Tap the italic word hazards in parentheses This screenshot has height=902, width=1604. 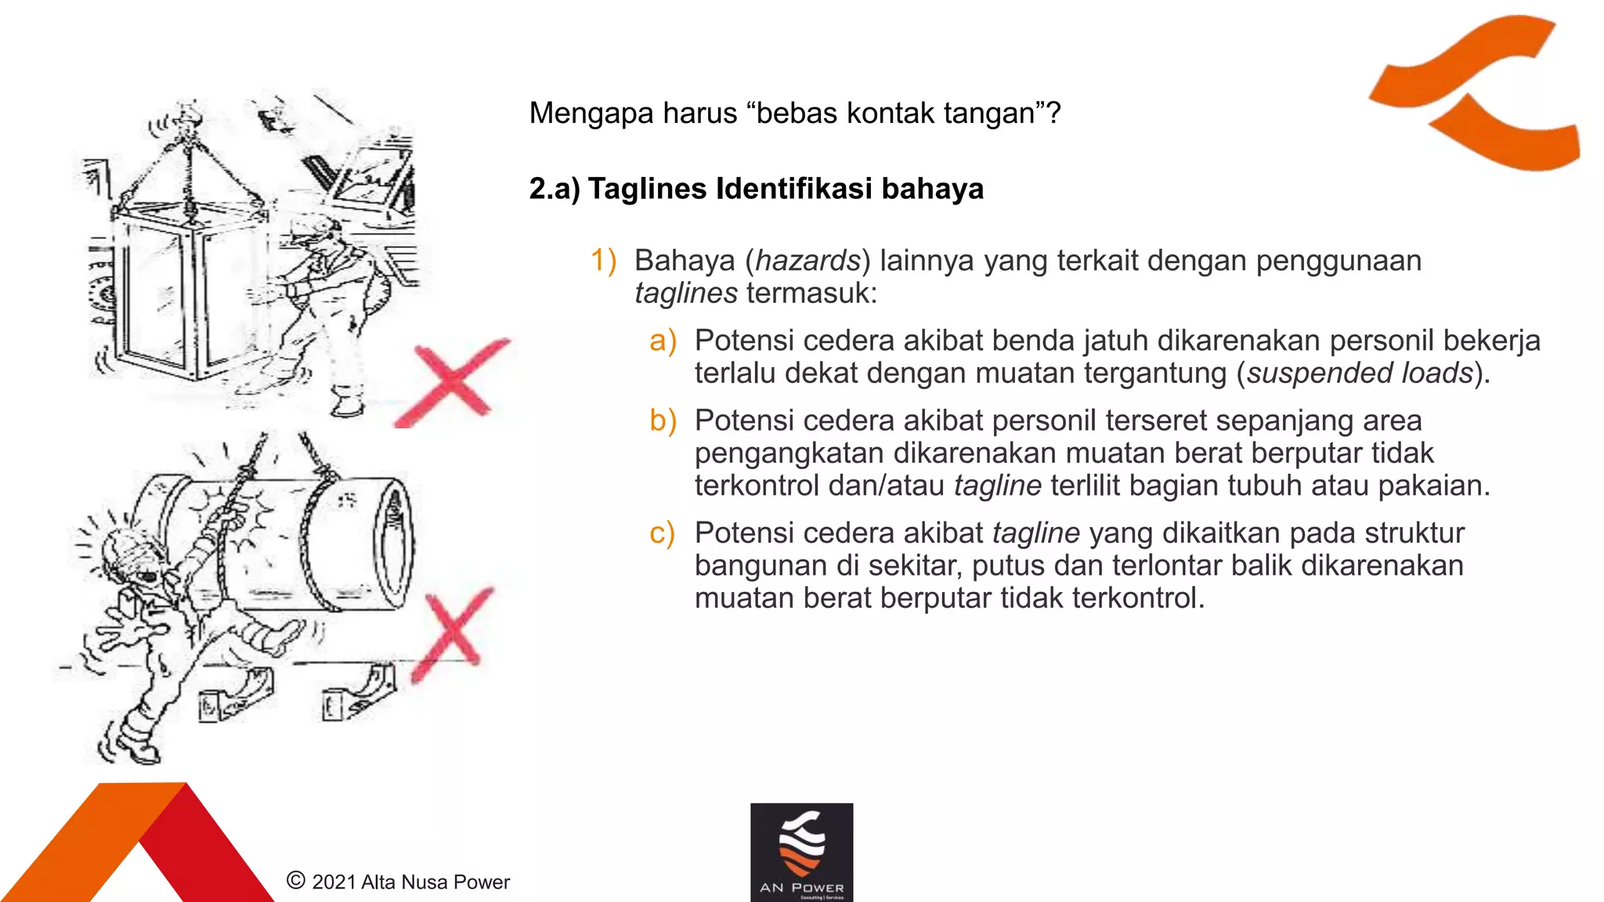[x=807, y=261]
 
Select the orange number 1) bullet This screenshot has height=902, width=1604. [x=603, y=261]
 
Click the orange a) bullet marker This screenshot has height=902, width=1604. [x=663, y=341]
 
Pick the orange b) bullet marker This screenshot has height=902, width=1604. [x=663, y=421]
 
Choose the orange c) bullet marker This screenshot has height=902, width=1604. [x=662, y=533]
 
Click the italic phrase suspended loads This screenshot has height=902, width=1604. [x=1360, y=373]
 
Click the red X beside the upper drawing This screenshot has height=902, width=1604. [x=453, y=383]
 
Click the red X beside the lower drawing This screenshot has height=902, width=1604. [x=453, y=633]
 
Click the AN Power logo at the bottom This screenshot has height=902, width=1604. [x=801, y=852]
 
